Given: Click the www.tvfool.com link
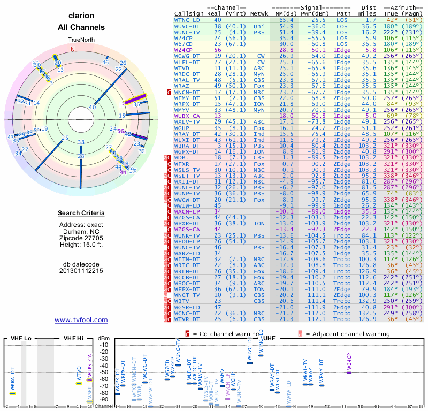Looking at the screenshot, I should [x=81, y=320].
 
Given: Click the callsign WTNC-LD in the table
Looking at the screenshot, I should [x=187, y=20].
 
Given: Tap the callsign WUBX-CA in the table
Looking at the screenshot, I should [x=187, y=115].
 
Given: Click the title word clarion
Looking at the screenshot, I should [x=81, y=16].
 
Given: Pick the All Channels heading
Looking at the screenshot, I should [x=81, y=27].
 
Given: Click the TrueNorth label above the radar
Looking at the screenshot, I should [x=81, y=40].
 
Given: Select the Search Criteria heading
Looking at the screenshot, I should [x=81, y=214].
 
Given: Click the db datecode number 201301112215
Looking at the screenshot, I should [x=81, y=271].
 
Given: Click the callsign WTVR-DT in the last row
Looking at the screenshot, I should [x=187, y=319].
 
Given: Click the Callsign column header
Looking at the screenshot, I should [x=189, y=13].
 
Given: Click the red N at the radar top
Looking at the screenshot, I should [x=73, y=49].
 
